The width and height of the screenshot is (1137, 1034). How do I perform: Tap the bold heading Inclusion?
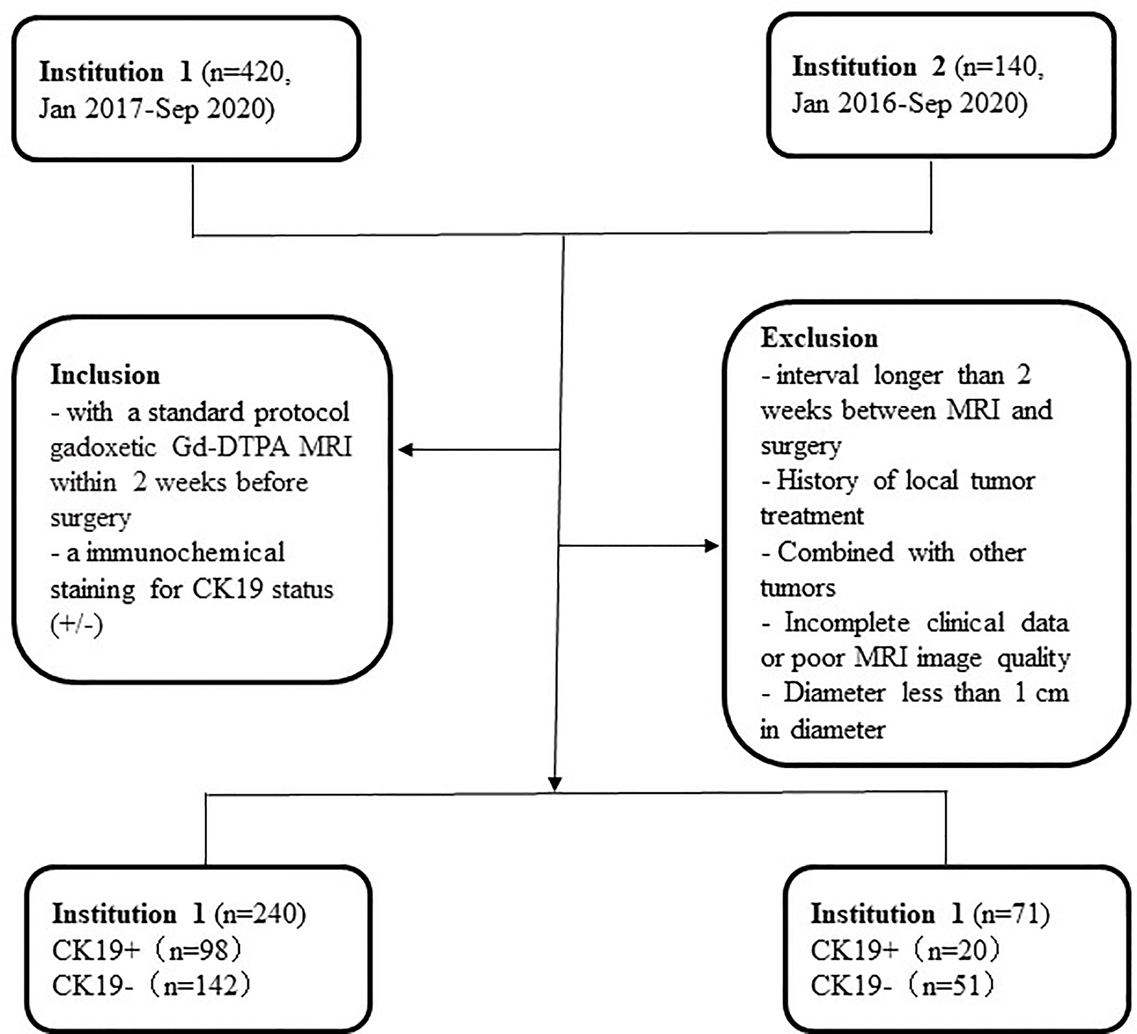click(x=106, y=375)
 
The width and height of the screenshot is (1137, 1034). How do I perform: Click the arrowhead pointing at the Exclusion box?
click(x=712, y=546)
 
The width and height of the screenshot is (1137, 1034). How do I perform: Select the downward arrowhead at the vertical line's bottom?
click(x=555, y=784)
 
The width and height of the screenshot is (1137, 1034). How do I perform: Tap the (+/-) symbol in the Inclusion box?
click(x=76, y=624)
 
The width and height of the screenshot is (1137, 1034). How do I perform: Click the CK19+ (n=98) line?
click(x=147, y=950)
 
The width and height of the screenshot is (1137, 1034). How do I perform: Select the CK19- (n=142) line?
click(x=151, y=986)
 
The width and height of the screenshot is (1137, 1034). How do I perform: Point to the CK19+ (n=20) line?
click(x=905, y=950)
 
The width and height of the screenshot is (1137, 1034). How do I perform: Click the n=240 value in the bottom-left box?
click(x=260, y=914)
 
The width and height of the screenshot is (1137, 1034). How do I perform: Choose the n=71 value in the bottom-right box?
click(x=1011, y=914)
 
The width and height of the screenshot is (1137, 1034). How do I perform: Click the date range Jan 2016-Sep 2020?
click(x=909, y=103)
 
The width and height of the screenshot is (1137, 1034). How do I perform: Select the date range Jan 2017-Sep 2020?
click(x=156, y=108)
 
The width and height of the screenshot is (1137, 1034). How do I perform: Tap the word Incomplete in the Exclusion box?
click(x=847, y=623)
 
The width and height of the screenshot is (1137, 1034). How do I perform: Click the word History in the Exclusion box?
click(x=817, y=481)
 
